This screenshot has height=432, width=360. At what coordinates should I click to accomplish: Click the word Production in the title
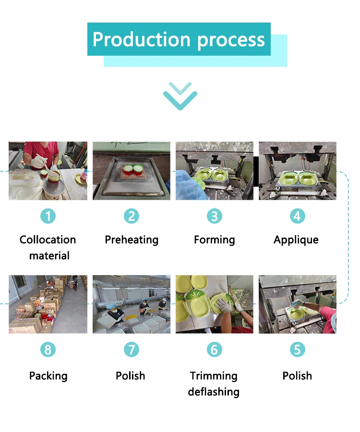141,39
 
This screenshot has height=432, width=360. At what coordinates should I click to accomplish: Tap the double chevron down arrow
180,96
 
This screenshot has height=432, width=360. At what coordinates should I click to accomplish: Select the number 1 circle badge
48,216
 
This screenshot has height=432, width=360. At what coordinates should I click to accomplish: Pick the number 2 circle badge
132,216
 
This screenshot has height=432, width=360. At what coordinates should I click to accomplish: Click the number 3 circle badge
214,216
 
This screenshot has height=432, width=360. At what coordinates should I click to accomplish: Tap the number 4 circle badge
298,216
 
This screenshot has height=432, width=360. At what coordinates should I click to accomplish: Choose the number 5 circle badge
298,349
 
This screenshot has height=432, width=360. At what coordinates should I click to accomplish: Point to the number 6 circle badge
214,349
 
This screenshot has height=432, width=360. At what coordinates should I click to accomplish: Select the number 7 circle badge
132,349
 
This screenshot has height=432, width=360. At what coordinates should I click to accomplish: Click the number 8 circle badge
48,349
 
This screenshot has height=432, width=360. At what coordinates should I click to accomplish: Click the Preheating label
132,240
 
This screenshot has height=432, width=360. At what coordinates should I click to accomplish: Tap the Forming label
214,240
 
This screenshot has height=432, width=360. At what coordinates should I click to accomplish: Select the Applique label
296,240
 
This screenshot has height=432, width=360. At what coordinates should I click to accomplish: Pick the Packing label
48,376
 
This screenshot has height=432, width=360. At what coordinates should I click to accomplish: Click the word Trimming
214,376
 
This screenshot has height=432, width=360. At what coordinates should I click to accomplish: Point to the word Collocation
48,240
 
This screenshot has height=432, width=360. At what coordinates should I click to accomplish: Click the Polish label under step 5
297,376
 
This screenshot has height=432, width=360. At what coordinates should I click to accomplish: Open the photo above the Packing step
48,304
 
